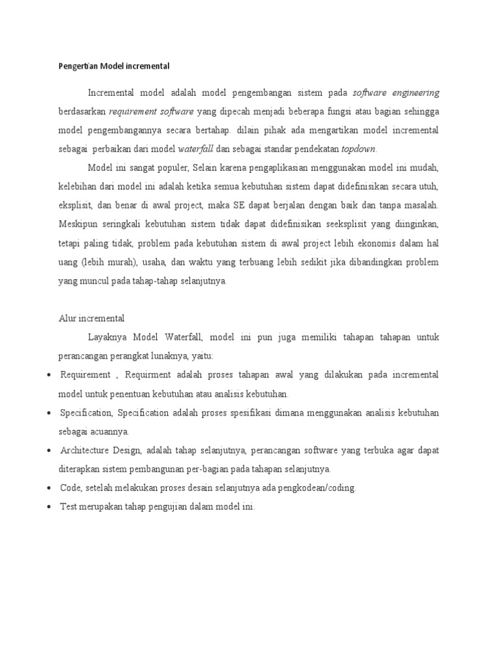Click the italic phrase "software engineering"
click(396, 93)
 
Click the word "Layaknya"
click(108, 337)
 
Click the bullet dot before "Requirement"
click(51, 376)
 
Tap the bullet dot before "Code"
click(51, 488)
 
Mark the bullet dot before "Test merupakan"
click(51, 508)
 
